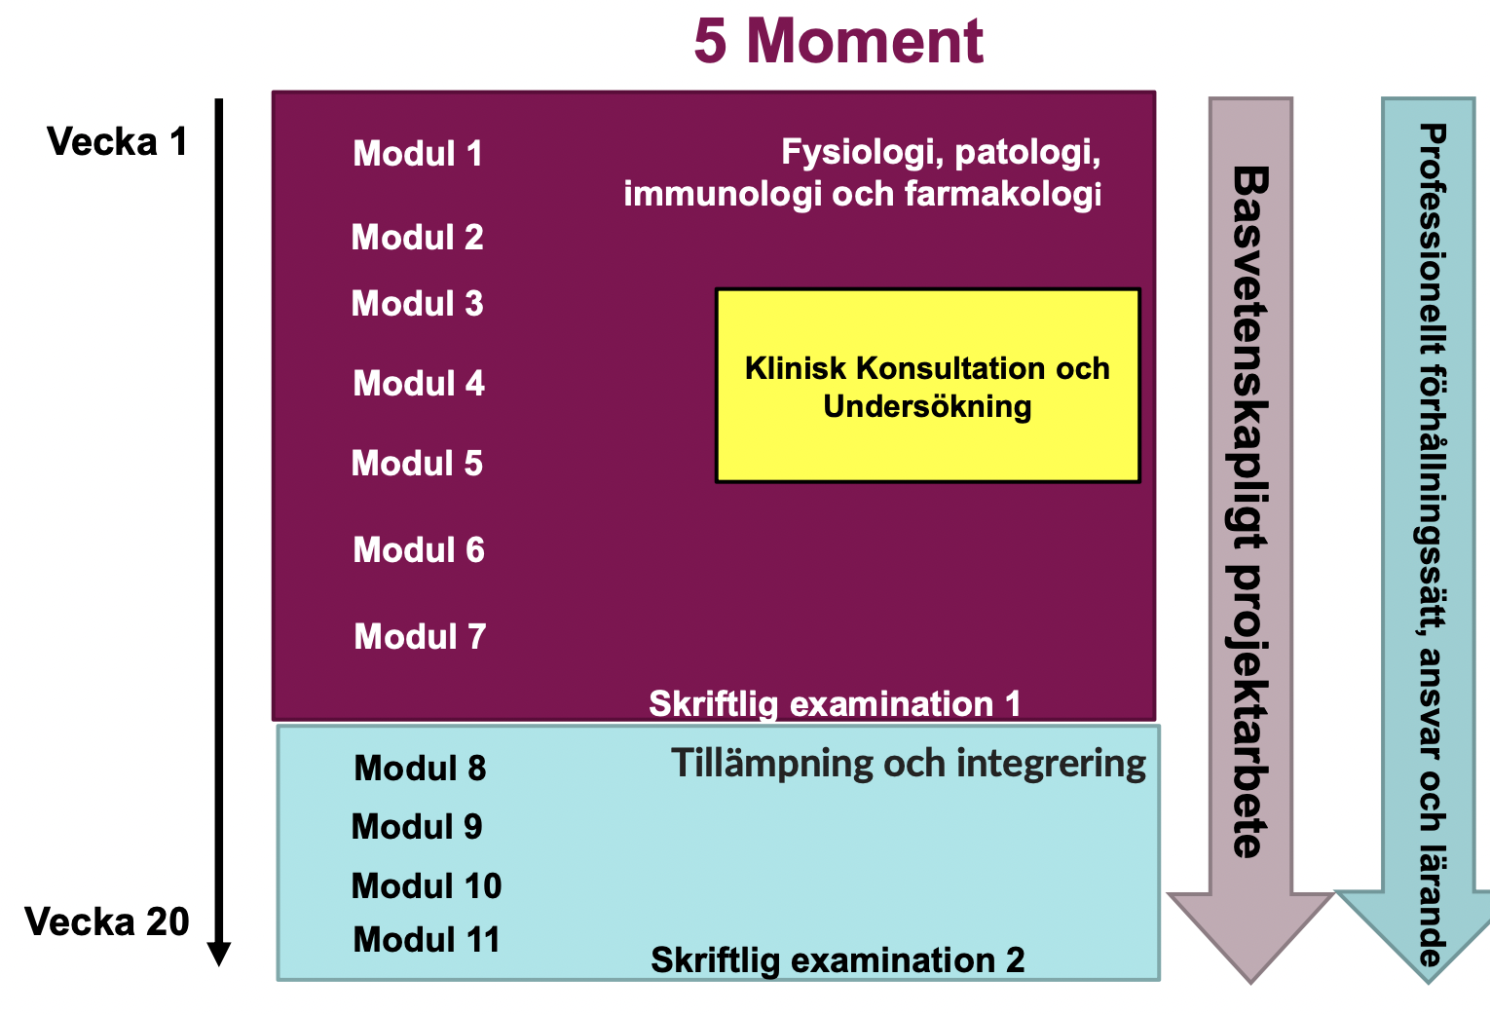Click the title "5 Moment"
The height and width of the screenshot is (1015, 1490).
tap(838, 41)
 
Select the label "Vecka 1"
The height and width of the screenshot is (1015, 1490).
tap(117, 141)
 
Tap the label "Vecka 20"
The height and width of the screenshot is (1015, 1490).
tap(107, 921)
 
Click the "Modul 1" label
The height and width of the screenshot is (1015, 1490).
tap(418, 154)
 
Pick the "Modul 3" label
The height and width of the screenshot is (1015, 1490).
tap(417, 303)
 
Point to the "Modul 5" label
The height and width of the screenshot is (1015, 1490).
tap(417, 463)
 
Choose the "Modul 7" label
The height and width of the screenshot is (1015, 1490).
tap(420, 636)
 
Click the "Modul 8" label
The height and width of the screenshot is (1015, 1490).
tap(420, 769)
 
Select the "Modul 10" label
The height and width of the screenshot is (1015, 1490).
tap(427, 886)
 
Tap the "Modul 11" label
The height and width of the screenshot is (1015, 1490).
tap(427, 940)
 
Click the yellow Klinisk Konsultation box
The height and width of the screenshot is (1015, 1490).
tap(928, 385)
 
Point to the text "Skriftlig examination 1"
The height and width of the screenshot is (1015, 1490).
tap(835, 703)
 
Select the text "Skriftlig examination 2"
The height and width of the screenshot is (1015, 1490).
tap(838, 960)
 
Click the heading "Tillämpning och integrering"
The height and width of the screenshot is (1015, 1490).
tap(909, 764)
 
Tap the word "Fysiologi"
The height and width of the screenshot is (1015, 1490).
tap(864, 153)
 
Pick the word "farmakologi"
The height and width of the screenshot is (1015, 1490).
tap(1002, 194)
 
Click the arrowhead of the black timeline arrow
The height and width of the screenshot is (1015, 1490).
tap(219, 954)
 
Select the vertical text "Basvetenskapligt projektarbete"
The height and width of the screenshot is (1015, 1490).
tap(1250, 512)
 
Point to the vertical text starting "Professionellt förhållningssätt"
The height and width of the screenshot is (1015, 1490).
tap(1433, 545)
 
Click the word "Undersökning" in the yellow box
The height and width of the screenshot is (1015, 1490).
tap(927, 407)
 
